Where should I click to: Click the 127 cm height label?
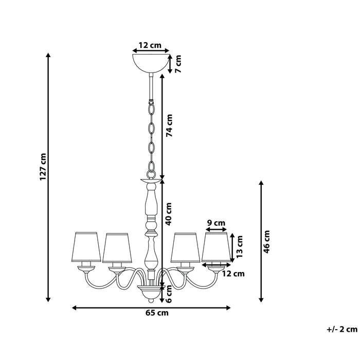click(x=44, y=166)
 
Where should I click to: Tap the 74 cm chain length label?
click(x=169, y=125)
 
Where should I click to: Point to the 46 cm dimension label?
click(x=266, y=240)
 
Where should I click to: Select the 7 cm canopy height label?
click(x=178, y=63)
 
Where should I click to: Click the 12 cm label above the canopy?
click(x=151, y=45)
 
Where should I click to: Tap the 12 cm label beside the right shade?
click(x=233, y=274)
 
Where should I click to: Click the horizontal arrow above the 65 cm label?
click(x=151, y=308)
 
